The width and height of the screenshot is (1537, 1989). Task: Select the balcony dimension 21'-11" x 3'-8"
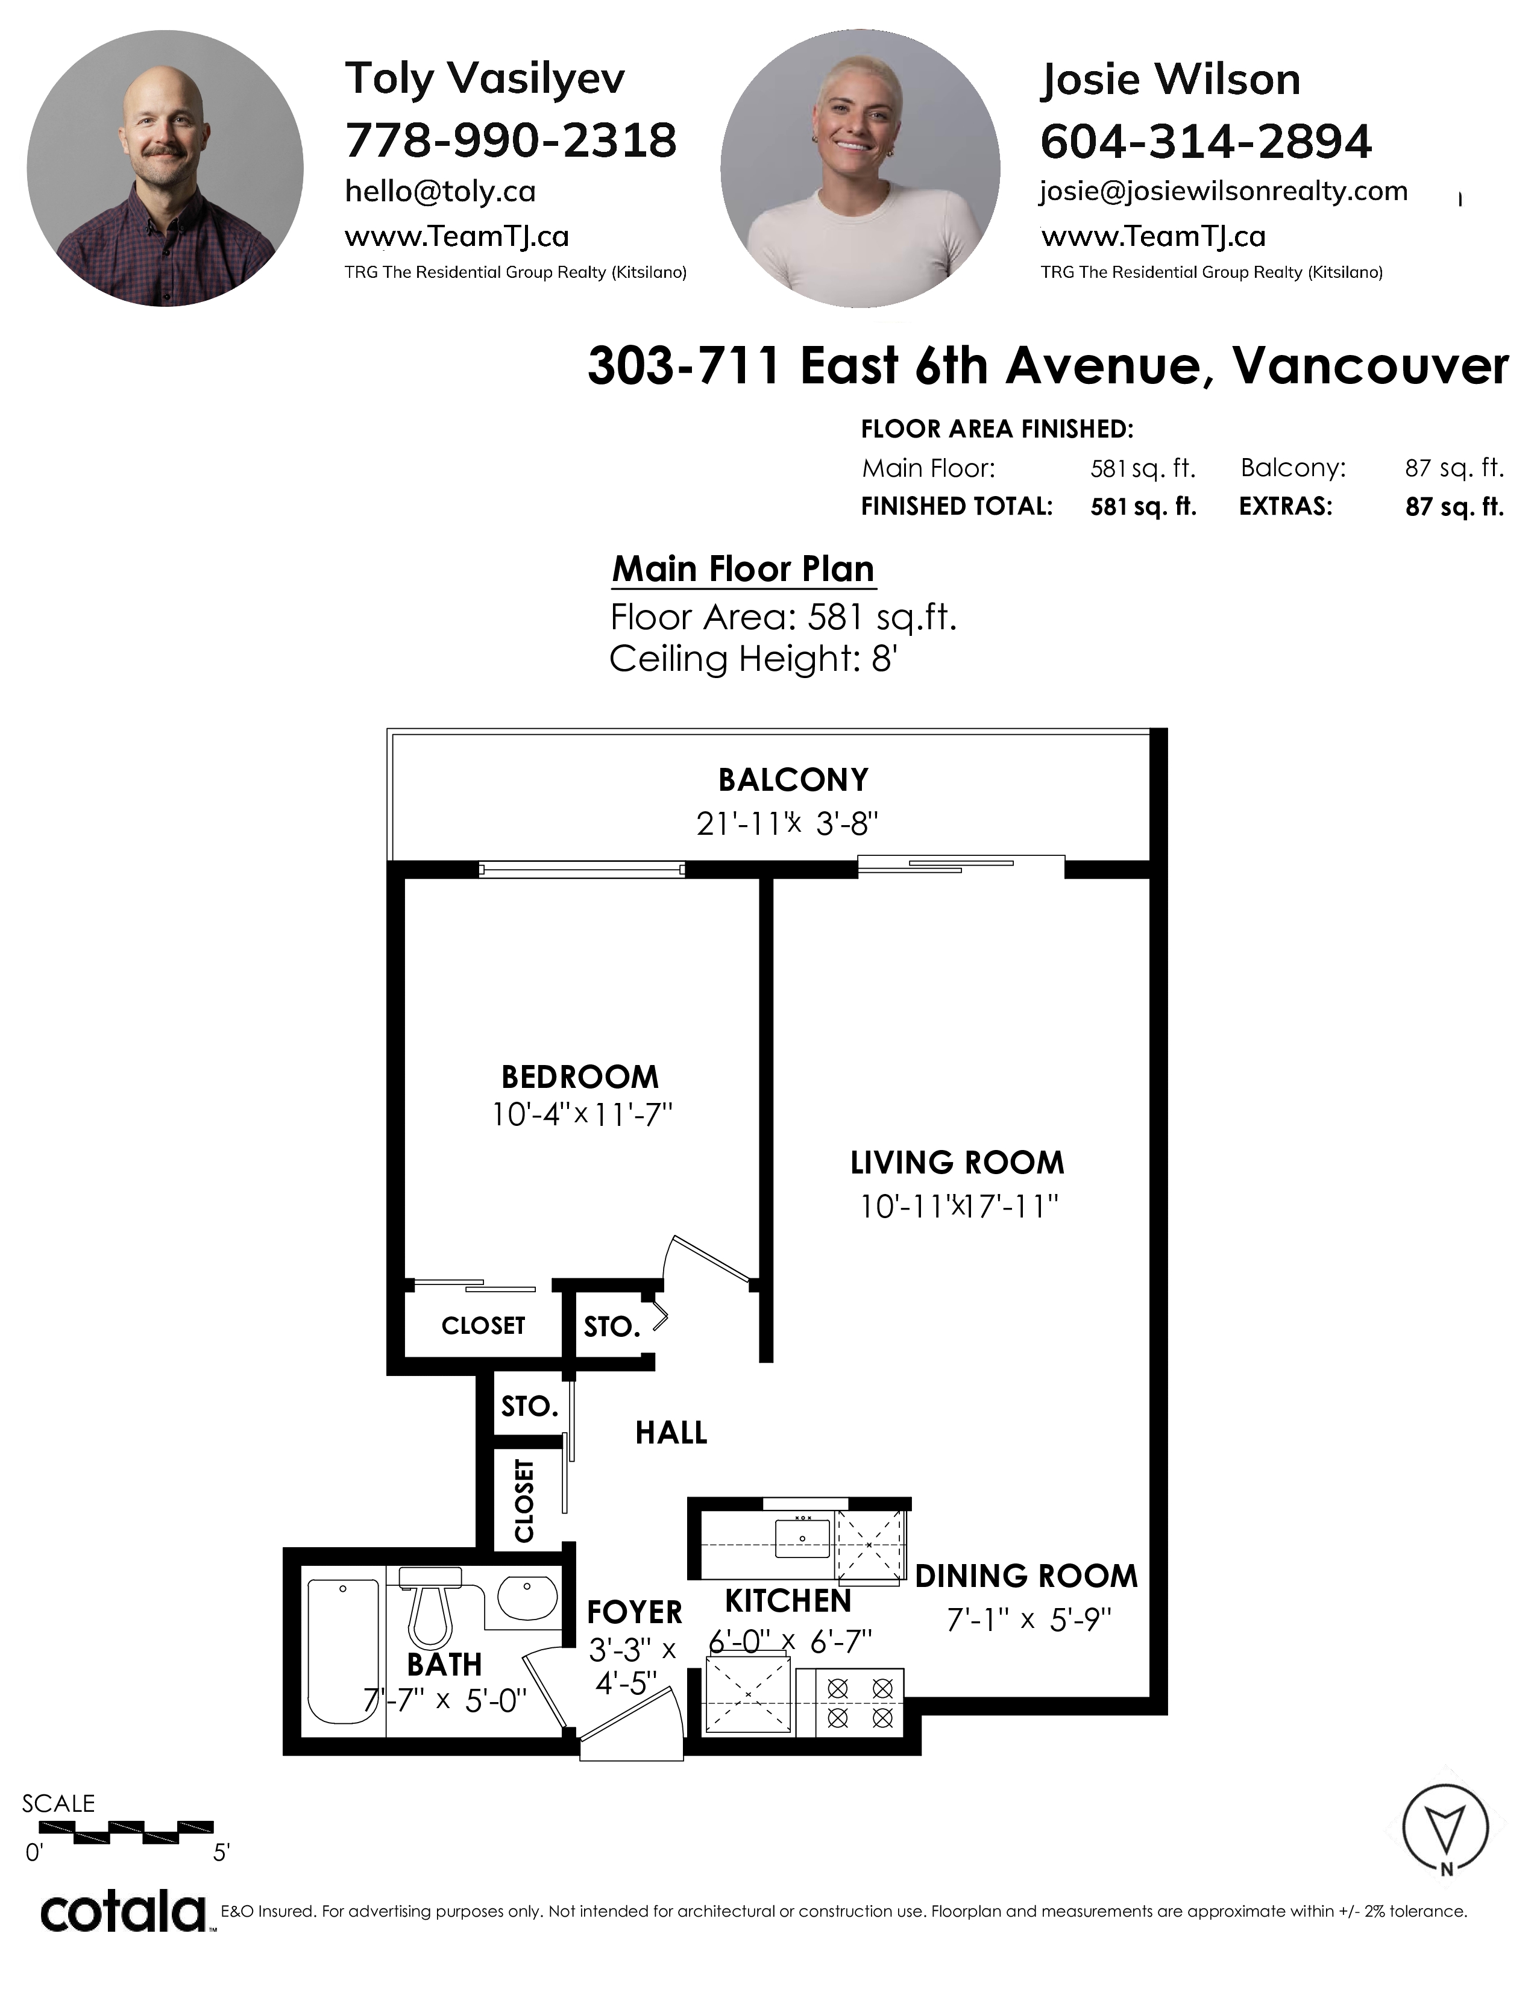click(787, 823)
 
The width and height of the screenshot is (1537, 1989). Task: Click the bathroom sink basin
click(527, 1598)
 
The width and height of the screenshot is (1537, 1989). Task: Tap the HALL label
click(671, 1433)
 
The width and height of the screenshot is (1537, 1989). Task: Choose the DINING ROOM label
click(1026, 1577)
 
